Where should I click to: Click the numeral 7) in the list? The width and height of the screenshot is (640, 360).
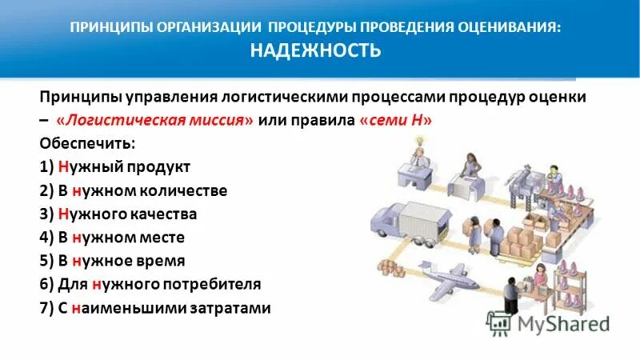pos(46,307)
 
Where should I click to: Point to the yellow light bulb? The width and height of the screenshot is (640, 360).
pos(416,141)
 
